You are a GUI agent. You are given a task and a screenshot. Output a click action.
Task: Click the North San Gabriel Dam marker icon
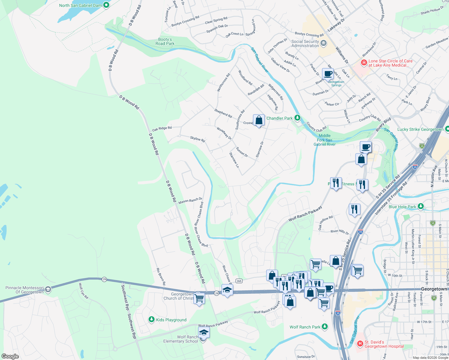click(x=106, y=5)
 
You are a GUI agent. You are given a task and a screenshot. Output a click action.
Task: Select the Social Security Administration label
click(x=305, y=44)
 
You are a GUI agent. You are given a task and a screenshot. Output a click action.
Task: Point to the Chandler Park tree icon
click(x=297, y=118)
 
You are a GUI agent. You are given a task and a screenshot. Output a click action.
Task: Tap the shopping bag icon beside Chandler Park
click(x=259, y=120)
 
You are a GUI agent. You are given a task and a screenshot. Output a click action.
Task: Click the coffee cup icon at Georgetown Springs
click(x=328, y=73)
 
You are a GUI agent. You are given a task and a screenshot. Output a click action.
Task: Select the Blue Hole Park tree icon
click(x=421, y=206)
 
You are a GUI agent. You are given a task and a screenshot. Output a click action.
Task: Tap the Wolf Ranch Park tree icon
click(x=325, y=327)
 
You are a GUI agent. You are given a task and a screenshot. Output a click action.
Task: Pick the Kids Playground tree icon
click(x=152, y=319)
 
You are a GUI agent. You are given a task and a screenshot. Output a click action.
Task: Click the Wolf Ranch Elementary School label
click(x=181, y=339)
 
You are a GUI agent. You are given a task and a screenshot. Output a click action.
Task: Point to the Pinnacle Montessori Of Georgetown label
click(x=25, y=290)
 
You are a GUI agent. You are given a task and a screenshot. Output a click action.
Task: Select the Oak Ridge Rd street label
click(x=162, y=128)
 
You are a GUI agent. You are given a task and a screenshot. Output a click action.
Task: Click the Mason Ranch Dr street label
click(x=190, y=200)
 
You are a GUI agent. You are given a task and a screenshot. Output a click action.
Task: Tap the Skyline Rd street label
click(x=197, y=139)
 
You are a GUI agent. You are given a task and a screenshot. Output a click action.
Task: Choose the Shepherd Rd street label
click(x=223, y=113)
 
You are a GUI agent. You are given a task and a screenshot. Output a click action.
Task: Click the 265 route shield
click(x=239, y=281)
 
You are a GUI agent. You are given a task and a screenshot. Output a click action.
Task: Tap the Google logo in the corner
click(x=10, y=356)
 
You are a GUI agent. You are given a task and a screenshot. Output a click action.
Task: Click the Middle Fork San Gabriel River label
click(x=324, y=140)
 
